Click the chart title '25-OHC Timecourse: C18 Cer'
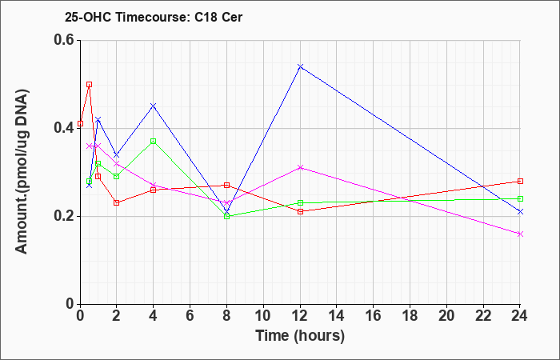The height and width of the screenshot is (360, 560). pyautogui.click(x=154, y=17)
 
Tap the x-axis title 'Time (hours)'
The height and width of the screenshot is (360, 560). pyautogui.click(x=300, y=336)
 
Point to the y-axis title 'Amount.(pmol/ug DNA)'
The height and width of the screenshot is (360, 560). pyautogui.click(x=22, y=171)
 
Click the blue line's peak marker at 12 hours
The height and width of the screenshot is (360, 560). pyautogui.click(x=300, y=66)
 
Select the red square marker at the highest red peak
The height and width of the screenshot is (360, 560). pyautogui.click(x=90, y=84)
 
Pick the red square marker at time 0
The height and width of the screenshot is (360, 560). pyautogui.click(x=80, y=123)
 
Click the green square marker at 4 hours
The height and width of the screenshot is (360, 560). pyautogui.click(x=154, y=141)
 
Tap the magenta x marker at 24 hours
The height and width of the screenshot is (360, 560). pyautogui.click(x=520, y=234)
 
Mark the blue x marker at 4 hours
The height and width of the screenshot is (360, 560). pyautogui.click(x=154, y=106)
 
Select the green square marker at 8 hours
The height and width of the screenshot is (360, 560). pyautogui.click(x=226, y=216)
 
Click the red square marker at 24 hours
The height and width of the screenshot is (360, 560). pyautogui.click(x=520, y=181)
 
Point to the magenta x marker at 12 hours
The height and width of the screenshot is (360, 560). pyautogui.click(x=300, y=167)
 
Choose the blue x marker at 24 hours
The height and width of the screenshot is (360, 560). pyautogui.click(x=520, y=212)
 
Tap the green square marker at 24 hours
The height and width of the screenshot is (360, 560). pyautogui.click(x=520, y=198)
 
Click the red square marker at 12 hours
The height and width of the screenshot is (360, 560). pyautogui.click(x=300, y=211)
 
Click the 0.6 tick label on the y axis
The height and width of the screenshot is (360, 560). pyautogui.click(x=64, y=40)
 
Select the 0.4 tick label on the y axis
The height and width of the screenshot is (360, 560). pyautogui.click(x=64, y=128)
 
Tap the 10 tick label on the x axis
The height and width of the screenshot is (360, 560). pyautogui.click(x=263, y=316)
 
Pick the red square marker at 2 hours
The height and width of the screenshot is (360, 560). pyautogui.click(x=117, y=202)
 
